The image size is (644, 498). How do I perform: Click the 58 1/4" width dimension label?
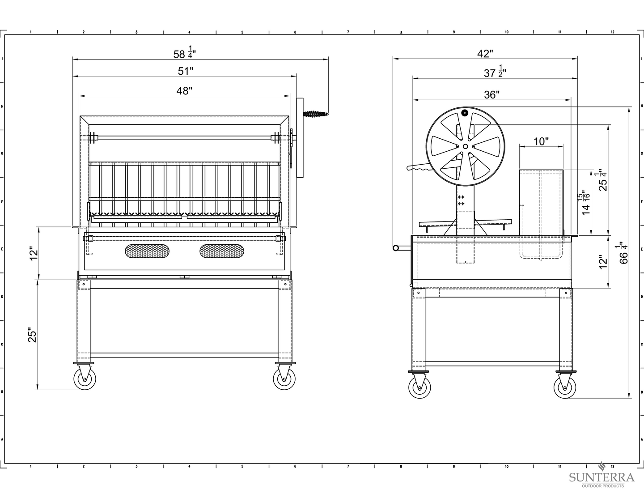coord(184,52)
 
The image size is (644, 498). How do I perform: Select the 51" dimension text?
coord(186,71)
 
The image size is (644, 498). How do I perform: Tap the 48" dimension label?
coord(184,91)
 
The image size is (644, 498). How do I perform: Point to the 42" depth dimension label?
coord(485,54)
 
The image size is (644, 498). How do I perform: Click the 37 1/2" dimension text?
coord(495,72)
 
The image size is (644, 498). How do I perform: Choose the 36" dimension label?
coord(491,95)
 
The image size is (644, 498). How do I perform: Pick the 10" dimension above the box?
coord(541,141)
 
